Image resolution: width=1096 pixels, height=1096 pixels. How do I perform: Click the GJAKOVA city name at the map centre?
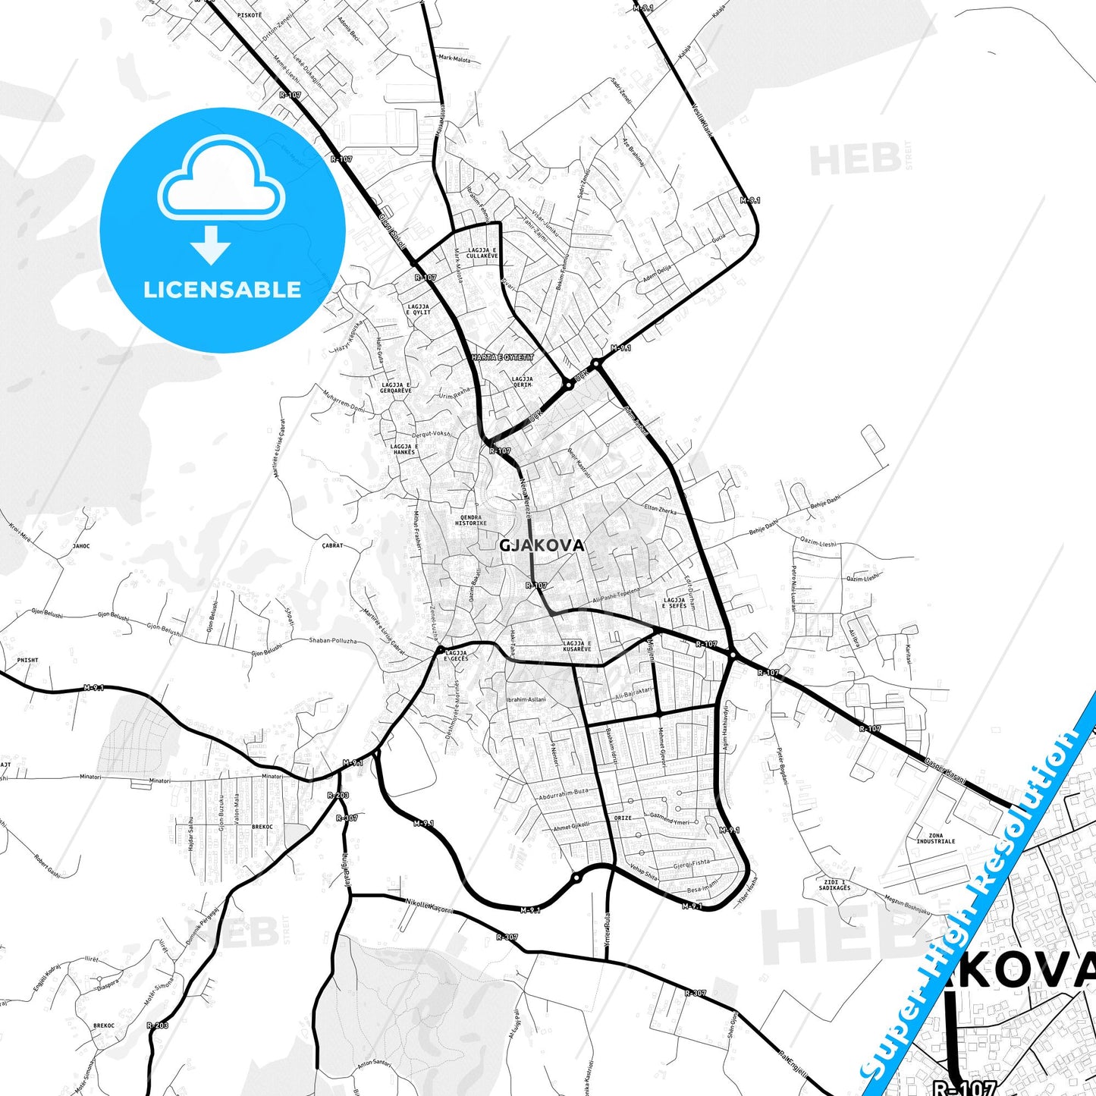pyautogui.click(x=542, y=545)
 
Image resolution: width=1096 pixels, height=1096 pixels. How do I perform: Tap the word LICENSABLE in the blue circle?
pyautogui.click(x=222, y=290)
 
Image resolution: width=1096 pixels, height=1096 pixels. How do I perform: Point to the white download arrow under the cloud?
pyautogui.click(x=211, y=244)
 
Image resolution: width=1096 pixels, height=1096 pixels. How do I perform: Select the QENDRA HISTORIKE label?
pyautogui.click(x=470, y=520)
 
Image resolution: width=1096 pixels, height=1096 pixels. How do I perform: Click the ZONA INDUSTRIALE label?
pyautogui.click(x=935, y=838)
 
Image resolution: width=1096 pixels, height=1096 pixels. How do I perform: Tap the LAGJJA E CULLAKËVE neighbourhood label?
pyautogui.click(x=482, y=253)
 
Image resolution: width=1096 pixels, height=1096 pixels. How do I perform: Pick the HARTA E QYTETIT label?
pyautogui.click(x=502, y=356)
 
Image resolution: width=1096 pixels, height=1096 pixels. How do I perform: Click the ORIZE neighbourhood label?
pyautogui.click(x=622, y=818)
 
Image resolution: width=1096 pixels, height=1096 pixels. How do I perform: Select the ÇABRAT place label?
pyautogui.click(x=332, y=545)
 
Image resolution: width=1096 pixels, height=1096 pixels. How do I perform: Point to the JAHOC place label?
pyautogui.click(x=80, y=545)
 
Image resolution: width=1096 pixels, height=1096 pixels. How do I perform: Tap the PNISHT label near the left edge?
pyautogui.click(x=27, y=660)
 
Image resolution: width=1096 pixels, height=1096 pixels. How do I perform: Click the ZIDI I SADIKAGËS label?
pyautogui.click(x=834, y=884)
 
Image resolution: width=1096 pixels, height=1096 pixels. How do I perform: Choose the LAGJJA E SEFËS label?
pyautogui.click(x=674, y=603)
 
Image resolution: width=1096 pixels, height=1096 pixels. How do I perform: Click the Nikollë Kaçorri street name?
pyautogui.click(x=429, y=906)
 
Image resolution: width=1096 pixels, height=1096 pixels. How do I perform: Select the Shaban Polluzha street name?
pyautogui.click(x=332, y=641)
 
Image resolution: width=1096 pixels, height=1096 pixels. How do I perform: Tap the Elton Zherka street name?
pyautogui.click(x=660, y=509)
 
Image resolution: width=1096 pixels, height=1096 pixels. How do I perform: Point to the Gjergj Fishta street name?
pyautogui.click(x=692, y=862)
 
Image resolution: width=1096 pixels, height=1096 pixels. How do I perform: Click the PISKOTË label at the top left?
pyautogui.click(x=249, y=15)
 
